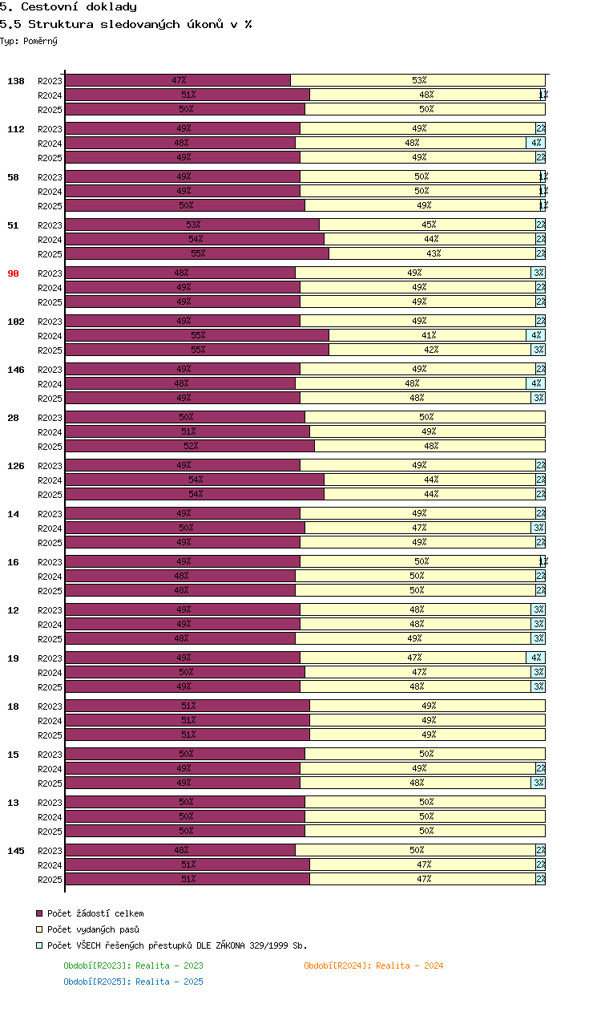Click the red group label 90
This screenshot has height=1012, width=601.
[x=13, y=273]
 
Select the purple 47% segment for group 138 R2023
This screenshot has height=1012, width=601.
[x=178, y=80]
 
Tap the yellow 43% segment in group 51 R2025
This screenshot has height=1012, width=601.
[x=433, y=253]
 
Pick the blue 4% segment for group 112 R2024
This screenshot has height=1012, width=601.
[x=536, y=143]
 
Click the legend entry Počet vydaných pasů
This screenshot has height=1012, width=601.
[x=93, y=929]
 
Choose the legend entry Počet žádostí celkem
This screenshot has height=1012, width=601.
[x=95, y=913]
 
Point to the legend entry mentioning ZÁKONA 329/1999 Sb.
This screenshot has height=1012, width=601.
[x=177, y=945]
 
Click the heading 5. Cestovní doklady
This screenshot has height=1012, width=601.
[x=68, y=7]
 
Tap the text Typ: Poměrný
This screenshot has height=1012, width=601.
[x=29, y=41]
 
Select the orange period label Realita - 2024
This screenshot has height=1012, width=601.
[x=373, y=965]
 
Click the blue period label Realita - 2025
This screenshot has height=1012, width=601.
[x=133, y=982]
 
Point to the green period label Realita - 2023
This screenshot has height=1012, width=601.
[x=133, y=965]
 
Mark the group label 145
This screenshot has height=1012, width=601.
[x=16, y=851]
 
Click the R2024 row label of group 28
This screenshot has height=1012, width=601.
[x=50, y=432]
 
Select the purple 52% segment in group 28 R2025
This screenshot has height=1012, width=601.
[x=190, y=446]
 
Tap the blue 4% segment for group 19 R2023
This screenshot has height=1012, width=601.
[x=536, y=658]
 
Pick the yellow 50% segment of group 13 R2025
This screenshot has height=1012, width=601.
[x=426, y=831]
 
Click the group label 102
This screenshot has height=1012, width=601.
[x=16, y=322]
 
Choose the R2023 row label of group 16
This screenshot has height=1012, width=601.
[x=50, y=562]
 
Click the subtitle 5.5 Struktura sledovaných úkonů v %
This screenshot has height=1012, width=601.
[x=126, y=24]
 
